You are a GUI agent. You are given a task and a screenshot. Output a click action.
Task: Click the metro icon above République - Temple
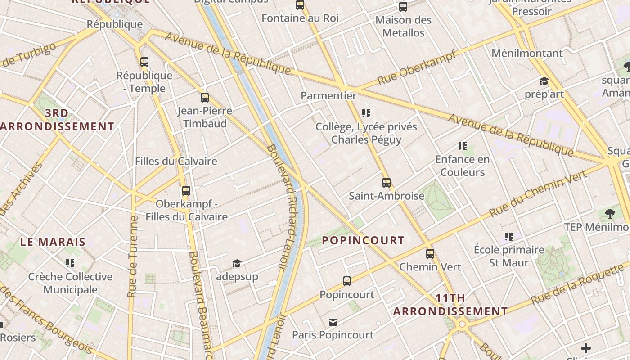pos(144,62)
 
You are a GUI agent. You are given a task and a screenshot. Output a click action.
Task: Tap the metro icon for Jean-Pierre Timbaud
pos(205,97)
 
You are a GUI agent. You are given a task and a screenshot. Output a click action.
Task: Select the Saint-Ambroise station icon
pos(387,183)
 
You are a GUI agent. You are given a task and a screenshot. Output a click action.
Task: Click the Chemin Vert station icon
pos(430,253)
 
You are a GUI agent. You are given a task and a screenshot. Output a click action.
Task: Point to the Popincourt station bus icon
pos(347,281)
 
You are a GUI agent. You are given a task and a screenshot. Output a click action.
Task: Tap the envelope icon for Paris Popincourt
pos(333,322)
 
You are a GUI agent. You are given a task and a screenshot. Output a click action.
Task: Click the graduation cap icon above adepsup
pos(237,263)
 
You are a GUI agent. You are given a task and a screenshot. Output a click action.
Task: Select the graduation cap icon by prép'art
pos(544,81)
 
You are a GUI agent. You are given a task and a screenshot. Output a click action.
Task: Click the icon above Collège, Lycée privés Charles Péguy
pos(366,113)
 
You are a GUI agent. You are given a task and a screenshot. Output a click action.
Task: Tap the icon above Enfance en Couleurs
pos(463,146)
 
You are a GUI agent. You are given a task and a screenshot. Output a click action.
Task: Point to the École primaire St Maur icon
pos(509,237)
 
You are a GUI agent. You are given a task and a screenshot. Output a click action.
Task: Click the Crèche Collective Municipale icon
pos(70,263)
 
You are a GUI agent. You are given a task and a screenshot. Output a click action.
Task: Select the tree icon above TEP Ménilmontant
pos(610,214)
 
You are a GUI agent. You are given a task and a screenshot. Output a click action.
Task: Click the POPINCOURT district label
pos(363,240)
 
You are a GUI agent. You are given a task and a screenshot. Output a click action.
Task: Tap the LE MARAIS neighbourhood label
pos(53,242)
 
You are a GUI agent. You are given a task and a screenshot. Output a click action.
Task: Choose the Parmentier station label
pos(328,95)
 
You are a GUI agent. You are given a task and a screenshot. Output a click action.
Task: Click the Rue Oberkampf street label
pos(417,67)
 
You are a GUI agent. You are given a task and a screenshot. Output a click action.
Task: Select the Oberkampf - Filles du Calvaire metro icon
pos(186,191)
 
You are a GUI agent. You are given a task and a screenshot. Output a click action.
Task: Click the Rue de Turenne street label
pos(132,256)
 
